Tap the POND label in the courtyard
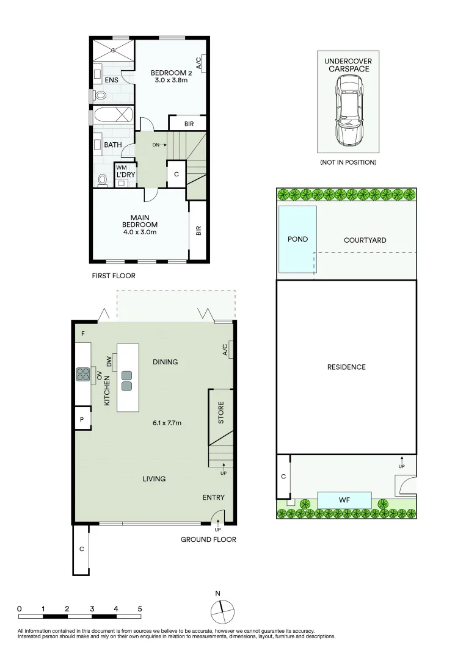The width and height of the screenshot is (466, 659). pos(297,239)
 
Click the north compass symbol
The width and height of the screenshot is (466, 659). pos(222,610)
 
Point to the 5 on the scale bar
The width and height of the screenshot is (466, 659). pos(140,608)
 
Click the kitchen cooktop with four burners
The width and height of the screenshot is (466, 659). pos(83,374)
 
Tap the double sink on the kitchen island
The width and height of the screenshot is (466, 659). pos(126,381)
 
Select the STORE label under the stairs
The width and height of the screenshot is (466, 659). pos(221,412)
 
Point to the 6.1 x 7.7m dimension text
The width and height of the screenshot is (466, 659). pos(167,422)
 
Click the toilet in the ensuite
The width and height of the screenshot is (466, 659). pos(100,95)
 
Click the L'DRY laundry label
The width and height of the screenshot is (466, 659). pos(125,175)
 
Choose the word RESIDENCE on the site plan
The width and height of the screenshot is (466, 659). pos(346,367)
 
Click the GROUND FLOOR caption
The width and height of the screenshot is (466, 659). pos(208,539)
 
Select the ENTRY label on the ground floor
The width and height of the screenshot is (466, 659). pos(213,497)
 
